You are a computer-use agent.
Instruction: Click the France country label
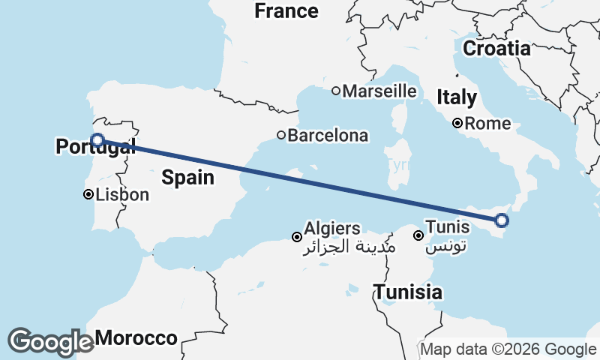point(286,11)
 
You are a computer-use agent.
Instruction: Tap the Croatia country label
point(496,49)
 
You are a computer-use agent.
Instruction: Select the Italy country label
point(457,97)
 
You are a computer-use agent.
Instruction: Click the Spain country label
point(188,178)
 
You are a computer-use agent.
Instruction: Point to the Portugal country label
point(95,147)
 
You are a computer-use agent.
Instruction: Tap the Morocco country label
point(136,338)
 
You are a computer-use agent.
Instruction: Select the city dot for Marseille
point(336,91)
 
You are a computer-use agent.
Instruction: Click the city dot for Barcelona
point(281,136)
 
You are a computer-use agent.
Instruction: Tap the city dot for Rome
point(457,124)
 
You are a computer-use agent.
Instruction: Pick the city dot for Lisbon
point(88,195)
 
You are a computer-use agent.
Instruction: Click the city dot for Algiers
point(297,237)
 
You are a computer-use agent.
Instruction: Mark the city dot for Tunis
point(418,235)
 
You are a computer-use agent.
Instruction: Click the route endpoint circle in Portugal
point(97,139)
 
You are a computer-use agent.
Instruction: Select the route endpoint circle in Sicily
point(502,220)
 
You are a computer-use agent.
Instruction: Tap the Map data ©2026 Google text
point(508,349)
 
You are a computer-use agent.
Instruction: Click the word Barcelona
point(328,136)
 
